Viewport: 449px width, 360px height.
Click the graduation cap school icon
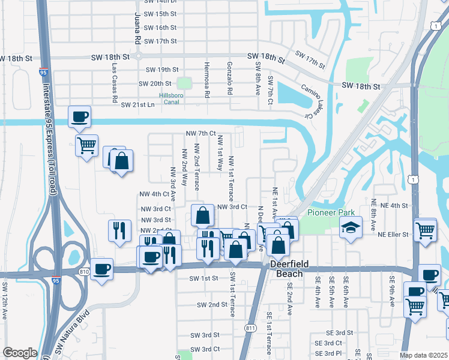click(351, 228)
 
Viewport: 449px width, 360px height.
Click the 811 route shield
click(250, 328)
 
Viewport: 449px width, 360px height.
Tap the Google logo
click(20, 353)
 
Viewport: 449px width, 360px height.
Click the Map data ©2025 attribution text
click(424, 355)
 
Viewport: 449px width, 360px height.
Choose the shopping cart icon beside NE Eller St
click(426, 230)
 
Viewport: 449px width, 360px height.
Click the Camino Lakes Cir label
click(312, 100)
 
